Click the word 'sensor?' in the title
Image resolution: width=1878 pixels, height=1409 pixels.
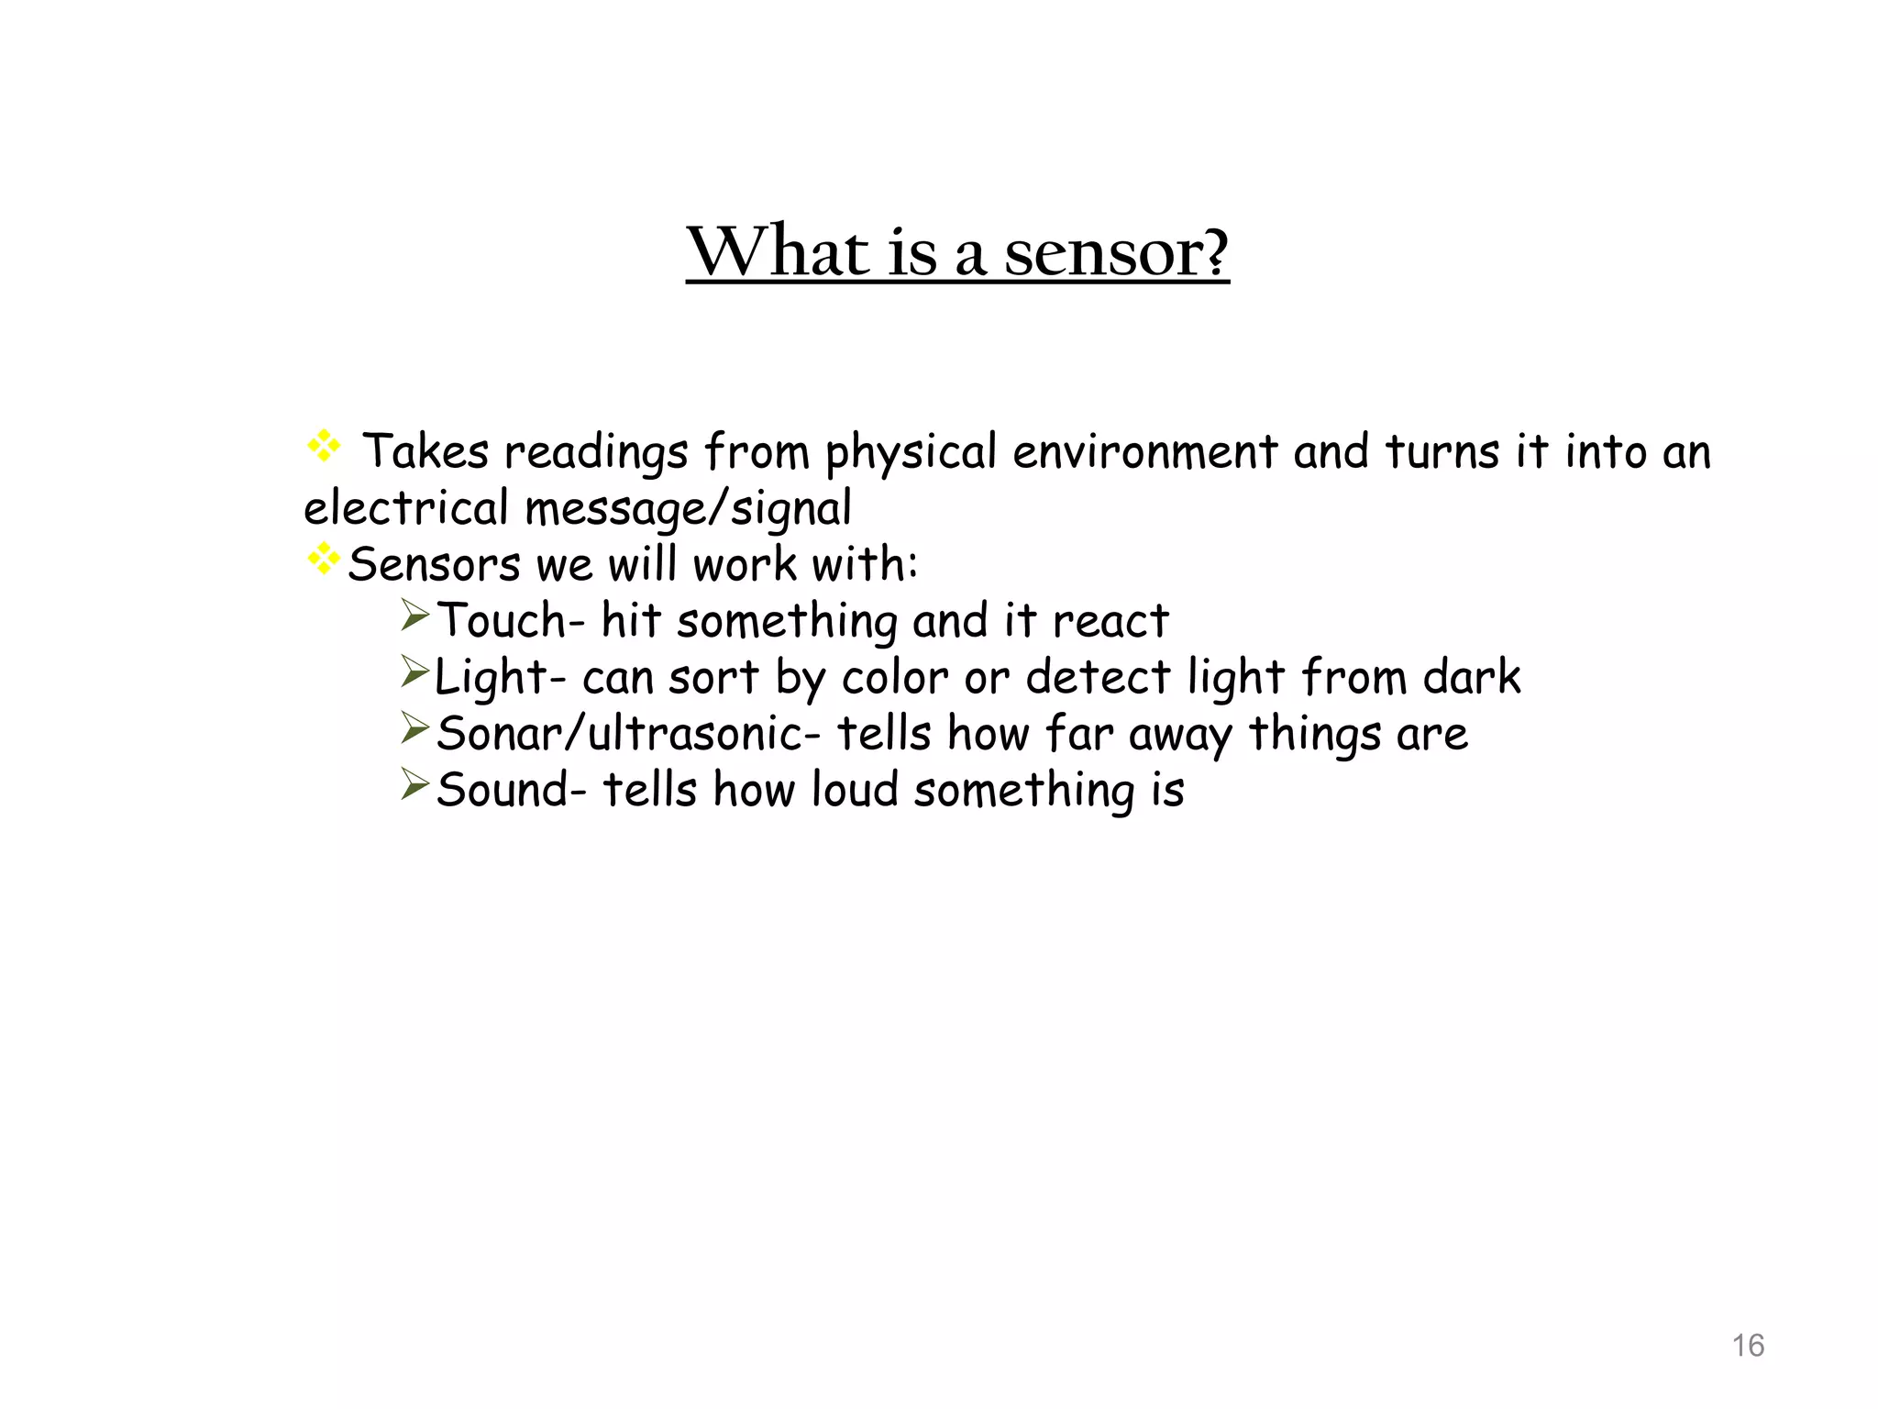click(x=1116, y=251)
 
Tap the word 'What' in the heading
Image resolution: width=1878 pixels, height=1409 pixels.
click(x=778, y=251)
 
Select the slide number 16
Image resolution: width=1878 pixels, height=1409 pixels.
click(x=1748, y=1346)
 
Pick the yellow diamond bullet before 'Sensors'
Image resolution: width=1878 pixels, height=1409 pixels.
click(x=324, y=559)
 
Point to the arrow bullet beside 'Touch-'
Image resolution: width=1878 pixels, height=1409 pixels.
click(x=414, y=616)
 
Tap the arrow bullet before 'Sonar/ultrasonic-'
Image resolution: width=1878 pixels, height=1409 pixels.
click(x=414, y=729)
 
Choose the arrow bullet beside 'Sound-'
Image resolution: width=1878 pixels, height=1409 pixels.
click(x=414, y=785)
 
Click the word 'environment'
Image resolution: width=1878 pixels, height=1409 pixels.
click(x=1144, y=452)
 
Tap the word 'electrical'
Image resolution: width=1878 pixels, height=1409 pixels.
click(x=405, y=508)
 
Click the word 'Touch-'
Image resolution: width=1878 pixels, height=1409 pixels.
click(x=510, y=621)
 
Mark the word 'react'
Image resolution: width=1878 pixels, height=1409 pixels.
click(x=1110, y=622)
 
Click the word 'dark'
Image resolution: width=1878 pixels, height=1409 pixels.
click(x=1472, y=677)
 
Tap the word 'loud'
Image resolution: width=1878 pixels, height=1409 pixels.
click(x=855, y=791)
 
